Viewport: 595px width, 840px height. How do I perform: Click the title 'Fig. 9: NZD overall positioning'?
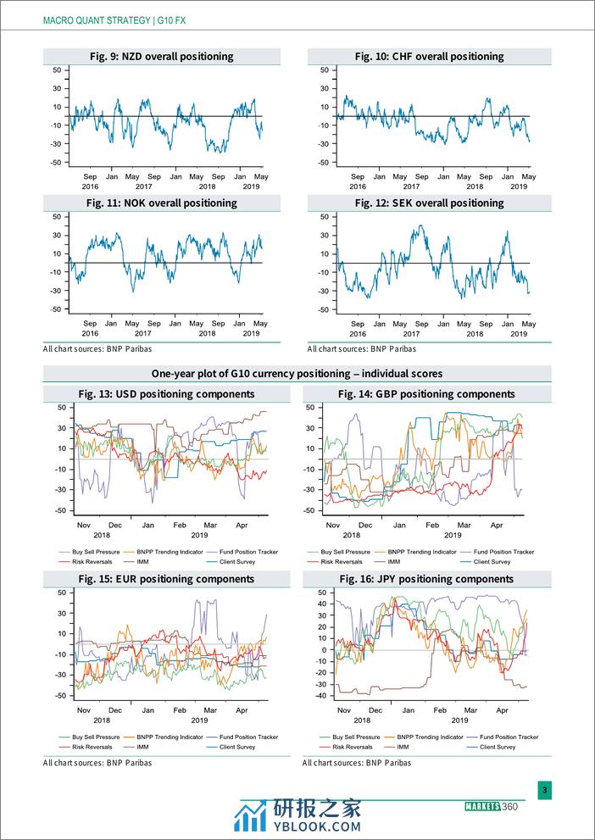point(161,57)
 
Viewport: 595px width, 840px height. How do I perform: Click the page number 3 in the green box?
point(545,791)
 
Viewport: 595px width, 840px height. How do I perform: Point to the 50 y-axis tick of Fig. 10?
point(324,70)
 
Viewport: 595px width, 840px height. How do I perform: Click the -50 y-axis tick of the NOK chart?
point(56,309)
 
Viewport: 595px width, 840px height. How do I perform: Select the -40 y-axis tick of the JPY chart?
point(318,696)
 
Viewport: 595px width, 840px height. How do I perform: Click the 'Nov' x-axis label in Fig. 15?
point(84,709)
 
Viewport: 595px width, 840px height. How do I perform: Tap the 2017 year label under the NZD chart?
point(144,186)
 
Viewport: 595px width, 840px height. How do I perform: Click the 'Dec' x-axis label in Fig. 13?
point(115,526)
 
